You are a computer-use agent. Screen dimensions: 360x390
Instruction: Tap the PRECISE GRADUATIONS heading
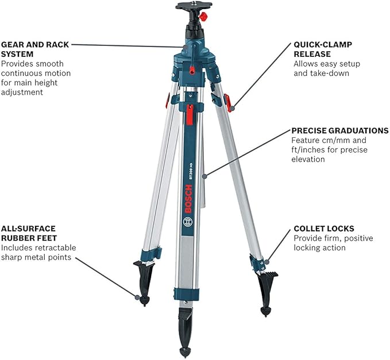point(339,131)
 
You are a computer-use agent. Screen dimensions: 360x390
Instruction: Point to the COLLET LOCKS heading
point(323,228)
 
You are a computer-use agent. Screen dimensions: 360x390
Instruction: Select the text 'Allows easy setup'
point(321,64)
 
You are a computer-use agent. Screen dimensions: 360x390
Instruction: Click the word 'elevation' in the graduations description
point(308,159)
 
